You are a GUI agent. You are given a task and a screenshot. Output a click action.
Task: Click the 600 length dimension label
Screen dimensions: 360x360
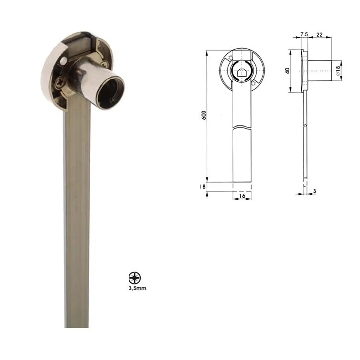(x=204, y=115)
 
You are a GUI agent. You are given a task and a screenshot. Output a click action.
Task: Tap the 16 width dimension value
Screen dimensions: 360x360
(x=242, y=196)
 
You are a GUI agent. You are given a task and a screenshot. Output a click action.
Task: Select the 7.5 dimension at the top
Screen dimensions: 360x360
(x=304, y=34)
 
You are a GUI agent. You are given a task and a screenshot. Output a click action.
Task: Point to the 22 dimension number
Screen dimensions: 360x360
(x=319, y=35)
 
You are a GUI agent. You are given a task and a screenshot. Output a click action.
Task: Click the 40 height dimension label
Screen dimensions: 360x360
(x=287, y=71)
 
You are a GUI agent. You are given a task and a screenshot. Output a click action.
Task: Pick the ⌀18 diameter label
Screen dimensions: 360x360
(x=338, y=71)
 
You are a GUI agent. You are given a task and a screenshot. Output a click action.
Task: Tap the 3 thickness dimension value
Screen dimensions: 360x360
(x=315, y=191)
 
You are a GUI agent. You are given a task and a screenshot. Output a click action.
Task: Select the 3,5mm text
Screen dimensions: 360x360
(x=137, y=288)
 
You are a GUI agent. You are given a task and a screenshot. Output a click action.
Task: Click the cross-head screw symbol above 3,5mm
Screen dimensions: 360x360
(x=135, y=278)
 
